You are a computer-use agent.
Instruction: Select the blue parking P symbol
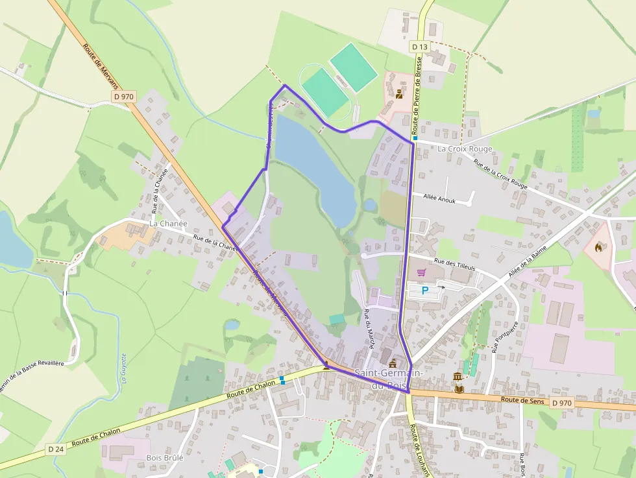425,291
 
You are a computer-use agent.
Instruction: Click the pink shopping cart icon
421,272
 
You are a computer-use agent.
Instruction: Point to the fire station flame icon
598,246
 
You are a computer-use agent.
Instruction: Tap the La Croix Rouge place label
465,149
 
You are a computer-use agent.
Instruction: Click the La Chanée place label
168,223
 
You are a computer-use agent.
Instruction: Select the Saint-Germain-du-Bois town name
389,380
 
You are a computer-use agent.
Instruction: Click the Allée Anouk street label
439,200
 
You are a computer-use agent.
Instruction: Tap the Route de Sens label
522,400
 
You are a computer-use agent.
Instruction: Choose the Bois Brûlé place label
165,457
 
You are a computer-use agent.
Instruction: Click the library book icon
459,389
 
